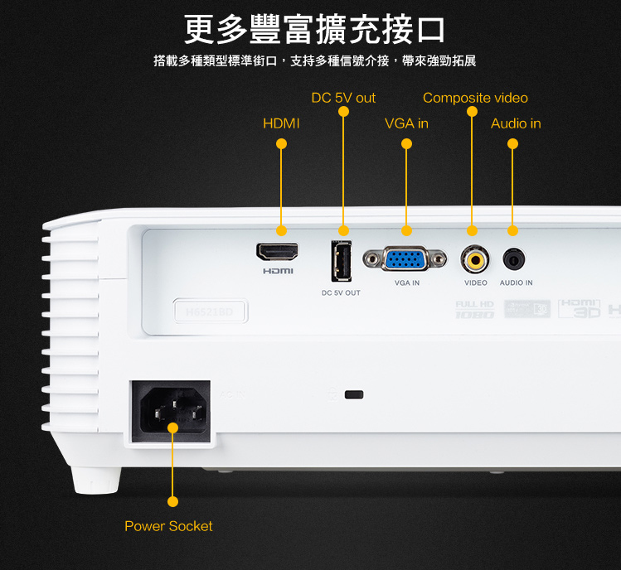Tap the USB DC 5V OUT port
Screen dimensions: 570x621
click(x=341, y=260)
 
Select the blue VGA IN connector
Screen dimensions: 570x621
click(x=405, y=259)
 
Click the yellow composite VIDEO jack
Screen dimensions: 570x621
click(x=475, y=260)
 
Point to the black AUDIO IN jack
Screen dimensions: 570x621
click(x=515, y=260)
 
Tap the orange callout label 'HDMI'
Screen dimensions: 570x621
click(x=281, y=123)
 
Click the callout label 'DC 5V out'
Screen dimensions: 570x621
click(x=343, y=98)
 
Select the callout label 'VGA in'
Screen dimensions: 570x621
click(x=406, y=123)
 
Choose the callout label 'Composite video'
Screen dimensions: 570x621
click(x=475, y=98)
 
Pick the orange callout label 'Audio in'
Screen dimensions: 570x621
click(x=516, y=123)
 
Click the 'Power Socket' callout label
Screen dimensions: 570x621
click(x=168, y=526)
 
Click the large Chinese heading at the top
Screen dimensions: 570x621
click(x=314, y=29)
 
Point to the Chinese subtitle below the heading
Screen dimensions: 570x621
click(x=314, y=60)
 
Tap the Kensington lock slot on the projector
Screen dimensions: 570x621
click(x=354, y=394)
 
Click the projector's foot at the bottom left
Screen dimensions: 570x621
click(x=95, y=479)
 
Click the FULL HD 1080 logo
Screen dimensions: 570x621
click(x=474, y=309)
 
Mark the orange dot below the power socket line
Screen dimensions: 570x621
click(x=172, y=501)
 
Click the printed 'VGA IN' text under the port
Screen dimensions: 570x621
click(x=407, y=283)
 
